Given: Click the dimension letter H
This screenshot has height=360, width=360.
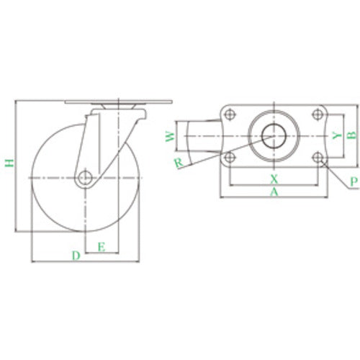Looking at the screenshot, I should coord(8,165).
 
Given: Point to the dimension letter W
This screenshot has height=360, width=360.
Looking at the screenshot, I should coord(169,137).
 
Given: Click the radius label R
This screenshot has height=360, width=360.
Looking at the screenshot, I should coord(177,163).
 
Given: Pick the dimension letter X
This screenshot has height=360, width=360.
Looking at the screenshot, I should coord(273,177).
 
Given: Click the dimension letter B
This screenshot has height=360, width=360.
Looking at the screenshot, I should coord(351,135).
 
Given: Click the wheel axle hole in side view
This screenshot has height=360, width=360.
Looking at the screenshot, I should coord(86,177).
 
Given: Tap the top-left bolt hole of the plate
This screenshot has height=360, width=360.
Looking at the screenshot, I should coord(230,113).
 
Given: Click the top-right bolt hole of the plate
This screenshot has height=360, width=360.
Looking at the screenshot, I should coord(317,113).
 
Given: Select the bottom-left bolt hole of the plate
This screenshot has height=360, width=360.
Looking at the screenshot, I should coord(230,158).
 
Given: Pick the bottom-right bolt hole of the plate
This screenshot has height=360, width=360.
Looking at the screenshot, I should coord(317,158).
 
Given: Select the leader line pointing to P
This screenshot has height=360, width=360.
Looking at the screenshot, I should coord(335,174).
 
